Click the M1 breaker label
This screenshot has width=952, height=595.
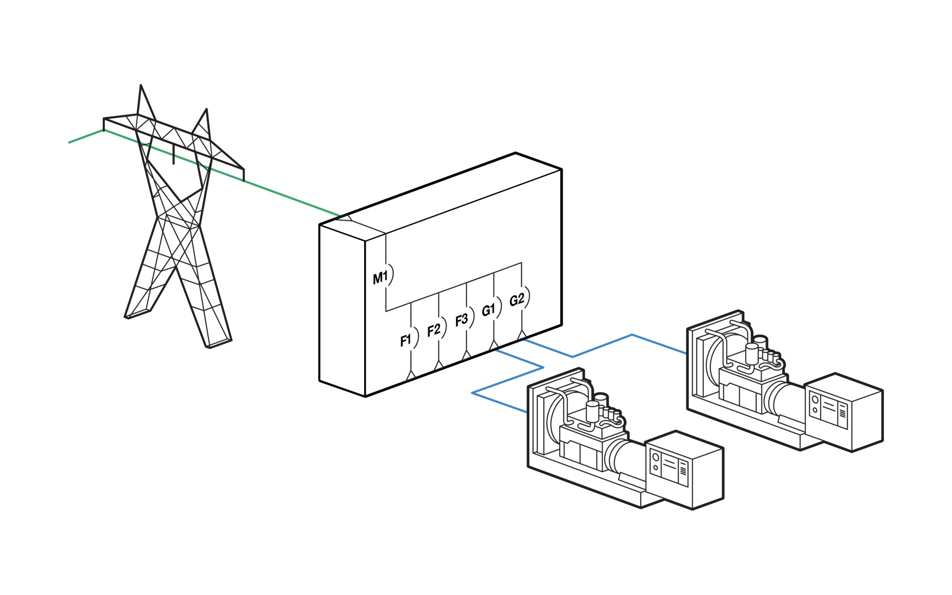tap(380, 278)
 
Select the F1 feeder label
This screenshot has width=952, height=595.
tap(406, 340)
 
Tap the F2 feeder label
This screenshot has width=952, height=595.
tap(434, 330)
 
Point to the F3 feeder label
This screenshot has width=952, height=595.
tap(461, 320)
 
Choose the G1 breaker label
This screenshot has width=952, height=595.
tap(488, 310)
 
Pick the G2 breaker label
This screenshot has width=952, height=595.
tap(516, 300)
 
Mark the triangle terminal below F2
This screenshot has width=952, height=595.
tap(438, 365)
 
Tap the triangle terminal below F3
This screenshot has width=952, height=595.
tap(466, 355)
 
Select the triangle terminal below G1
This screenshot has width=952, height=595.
tap(494, 345)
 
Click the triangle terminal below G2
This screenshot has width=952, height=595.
tap(522, 335)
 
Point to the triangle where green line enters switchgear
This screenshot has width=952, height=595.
tap(348, 218)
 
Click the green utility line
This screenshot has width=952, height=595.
tap(286, 196)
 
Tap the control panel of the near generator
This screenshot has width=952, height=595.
tap(669, 468)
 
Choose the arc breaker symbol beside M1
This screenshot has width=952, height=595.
tap(392, 274)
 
